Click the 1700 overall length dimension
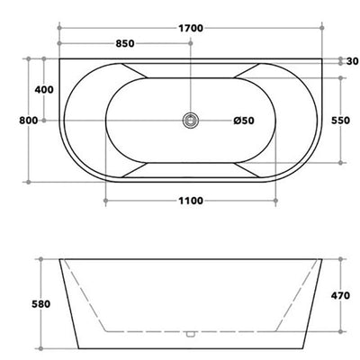(191, 28)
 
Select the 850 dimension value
(125, 43)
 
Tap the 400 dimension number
(44, 89)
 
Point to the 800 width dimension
(29, 121)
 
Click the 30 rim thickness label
(353, 61)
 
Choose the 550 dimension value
(340, 121)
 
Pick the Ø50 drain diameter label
(244, 121)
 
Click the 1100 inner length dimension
(191, 201)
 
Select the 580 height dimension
(40, 304)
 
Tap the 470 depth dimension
(340, 295)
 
